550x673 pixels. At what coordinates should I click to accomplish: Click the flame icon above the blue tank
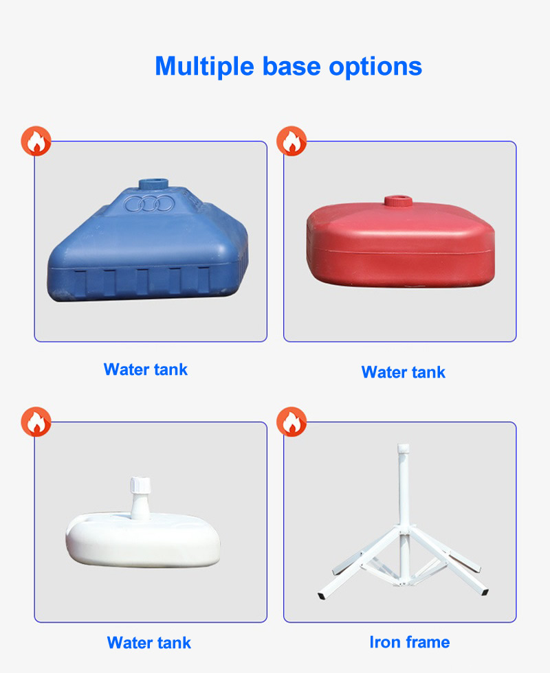click(36, 141)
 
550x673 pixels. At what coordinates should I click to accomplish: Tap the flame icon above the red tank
click(291, 141)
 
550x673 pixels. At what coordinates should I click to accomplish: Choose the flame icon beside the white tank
click(36, 422)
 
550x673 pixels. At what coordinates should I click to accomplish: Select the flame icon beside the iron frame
click(291, 422)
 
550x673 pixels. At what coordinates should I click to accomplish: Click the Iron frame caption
click(409, 642)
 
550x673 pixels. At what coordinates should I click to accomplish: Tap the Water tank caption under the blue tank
click(146, 369)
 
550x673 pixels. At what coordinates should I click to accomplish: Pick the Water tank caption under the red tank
click(404, 372)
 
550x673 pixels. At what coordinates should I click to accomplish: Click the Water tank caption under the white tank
click(149, 643)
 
